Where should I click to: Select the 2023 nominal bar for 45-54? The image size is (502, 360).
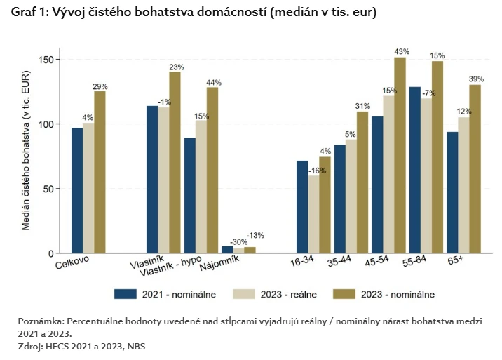(400, 155)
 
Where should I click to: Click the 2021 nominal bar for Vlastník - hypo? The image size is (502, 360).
(189, 195)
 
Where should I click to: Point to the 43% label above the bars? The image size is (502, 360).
(402, 51)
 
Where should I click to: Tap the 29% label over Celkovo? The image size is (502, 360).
(101, 86)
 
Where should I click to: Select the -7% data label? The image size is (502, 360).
(427, 93)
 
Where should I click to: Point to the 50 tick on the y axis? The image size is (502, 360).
(49, 189)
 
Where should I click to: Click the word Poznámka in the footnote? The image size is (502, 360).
(41, 320)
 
